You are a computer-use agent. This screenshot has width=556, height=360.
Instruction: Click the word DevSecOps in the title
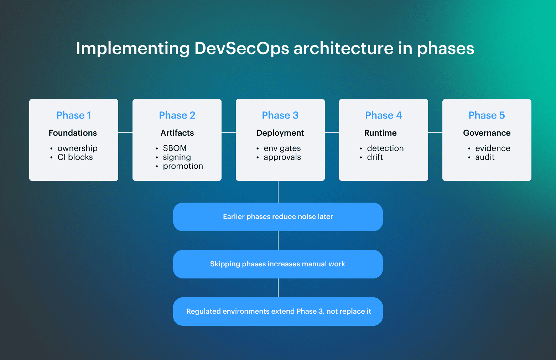pyautogui.click(x=241, y=48)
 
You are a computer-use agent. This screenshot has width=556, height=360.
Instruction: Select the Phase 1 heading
pyautogui.click(x=74, y=115)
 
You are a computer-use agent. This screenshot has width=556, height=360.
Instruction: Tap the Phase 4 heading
pyautogui.click(x=383, y=115)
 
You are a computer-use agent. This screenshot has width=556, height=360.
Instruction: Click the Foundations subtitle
pyautogui.click(x=73, y=133)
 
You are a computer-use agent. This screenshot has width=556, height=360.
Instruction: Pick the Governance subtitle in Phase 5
pyautogui.click(x=487, y=133)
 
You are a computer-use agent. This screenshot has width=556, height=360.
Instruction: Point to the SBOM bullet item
pyautogui.click(x=175, y=148)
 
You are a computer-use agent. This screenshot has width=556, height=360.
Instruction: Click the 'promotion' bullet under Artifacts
pyautogui.click(x=183, y=166)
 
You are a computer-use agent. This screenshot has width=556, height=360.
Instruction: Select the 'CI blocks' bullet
pyautogui.click(x=75, y=157)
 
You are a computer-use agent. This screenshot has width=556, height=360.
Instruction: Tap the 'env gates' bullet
pyautogui.click(x=282, y=148)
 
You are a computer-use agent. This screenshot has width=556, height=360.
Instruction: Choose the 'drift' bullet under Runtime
pyautogui.click(x=375, y=157)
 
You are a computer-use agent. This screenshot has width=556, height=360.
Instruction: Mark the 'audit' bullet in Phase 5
pyautogui.click(x=485, y=157)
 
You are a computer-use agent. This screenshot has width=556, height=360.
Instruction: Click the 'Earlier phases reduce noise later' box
pyautogui.click(x=278, y=216)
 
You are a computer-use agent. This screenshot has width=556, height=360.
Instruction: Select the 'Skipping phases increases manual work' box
pyautogui.click(x=278, y=264)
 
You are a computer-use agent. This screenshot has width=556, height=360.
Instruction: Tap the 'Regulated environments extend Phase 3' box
pyautogui.click(x=278, y=311)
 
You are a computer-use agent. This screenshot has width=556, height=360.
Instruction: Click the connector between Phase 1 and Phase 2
pyautogui.click(x=125, y=132)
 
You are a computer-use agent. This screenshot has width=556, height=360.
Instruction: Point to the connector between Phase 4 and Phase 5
pyautogui.click(x=435, y=132)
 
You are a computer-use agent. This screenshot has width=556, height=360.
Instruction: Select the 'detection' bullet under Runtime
pyautogui.click(x=385, y=148)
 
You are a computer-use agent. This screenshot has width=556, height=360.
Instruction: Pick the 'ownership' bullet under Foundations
pyautogui.click(x=77, y=148)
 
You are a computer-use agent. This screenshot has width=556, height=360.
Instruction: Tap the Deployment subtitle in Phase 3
pyautogui.click(x=280, y=133)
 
